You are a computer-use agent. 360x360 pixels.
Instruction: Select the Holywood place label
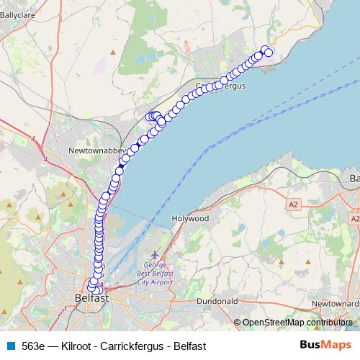tap(191, 217)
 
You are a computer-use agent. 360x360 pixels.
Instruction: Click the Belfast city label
tap(91, 297)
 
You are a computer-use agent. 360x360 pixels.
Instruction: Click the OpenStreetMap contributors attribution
tap(294, 323)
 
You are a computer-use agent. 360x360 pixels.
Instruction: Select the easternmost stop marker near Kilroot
tap(269, 53)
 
